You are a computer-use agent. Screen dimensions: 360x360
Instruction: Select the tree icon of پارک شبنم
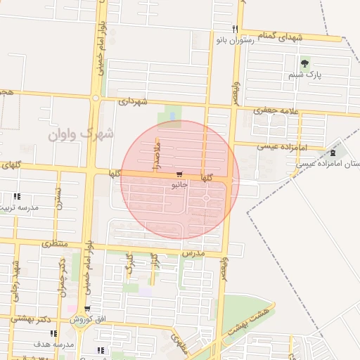pyautogui.click(x=304, y=63)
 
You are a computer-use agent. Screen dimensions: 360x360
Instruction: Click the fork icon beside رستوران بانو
pyautogui.click(x=236, y=29)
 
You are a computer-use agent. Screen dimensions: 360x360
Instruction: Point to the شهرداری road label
pyautogui.click(x=133, y=101)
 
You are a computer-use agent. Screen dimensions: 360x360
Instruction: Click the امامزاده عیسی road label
pyautogui.click(x=259, y=146)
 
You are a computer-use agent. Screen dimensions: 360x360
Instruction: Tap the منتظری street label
pyautogui.click(x=54, y=244)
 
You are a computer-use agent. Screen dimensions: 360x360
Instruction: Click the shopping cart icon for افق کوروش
pyautogui.click(x=87, y=309)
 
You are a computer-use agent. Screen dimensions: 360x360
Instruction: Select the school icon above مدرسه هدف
pyautogui.click(x=54, y=333)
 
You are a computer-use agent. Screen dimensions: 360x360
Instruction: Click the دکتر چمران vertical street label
pyautogui.click(x=63, y=276)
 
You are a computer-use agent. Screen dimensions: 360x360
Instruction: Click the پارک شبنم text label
pyautogui.click(x=304, y=74)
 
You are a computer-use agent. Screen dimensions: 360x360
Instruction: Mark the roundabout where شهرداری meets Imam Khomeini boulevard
pyautogui.click(x=95, y=98)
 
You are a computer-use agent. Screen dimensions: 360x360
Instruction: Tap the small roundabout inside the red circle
pyautogui.click(x=206, y=198)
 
